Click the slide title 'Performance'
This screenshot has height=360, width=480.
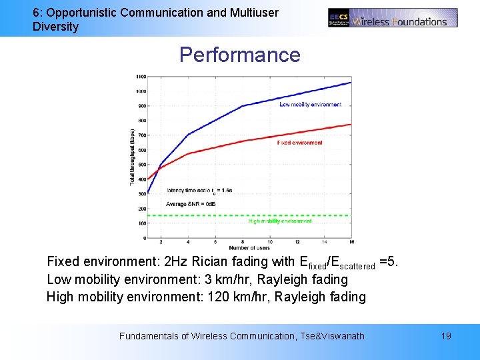(x=240, y=55)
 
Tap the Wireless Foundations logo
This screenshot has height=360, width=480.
(x=393, y=18)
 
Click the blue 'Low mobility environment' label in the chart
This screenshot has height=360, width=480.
(x=310, y=105)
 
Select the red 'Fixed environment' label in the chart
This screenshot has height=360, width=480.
(x=299, y=143)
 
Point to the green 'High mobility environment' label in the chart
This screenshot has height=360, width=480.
(x=280, y=221)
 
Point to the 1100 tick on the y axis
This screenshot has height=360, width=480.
(x=141, y=76)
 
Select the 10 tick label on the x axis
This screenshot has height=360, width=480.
(x=269, y=242)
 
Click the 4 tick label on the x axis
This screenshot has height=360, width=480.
(x=188, y=242)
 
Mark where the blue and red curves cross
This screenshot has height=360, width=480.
(x=158, y=167)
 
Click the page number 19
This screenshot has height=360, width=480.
(x=446, y=336)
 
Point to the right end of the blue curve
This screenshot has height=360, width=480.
(x=351, y=83)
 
